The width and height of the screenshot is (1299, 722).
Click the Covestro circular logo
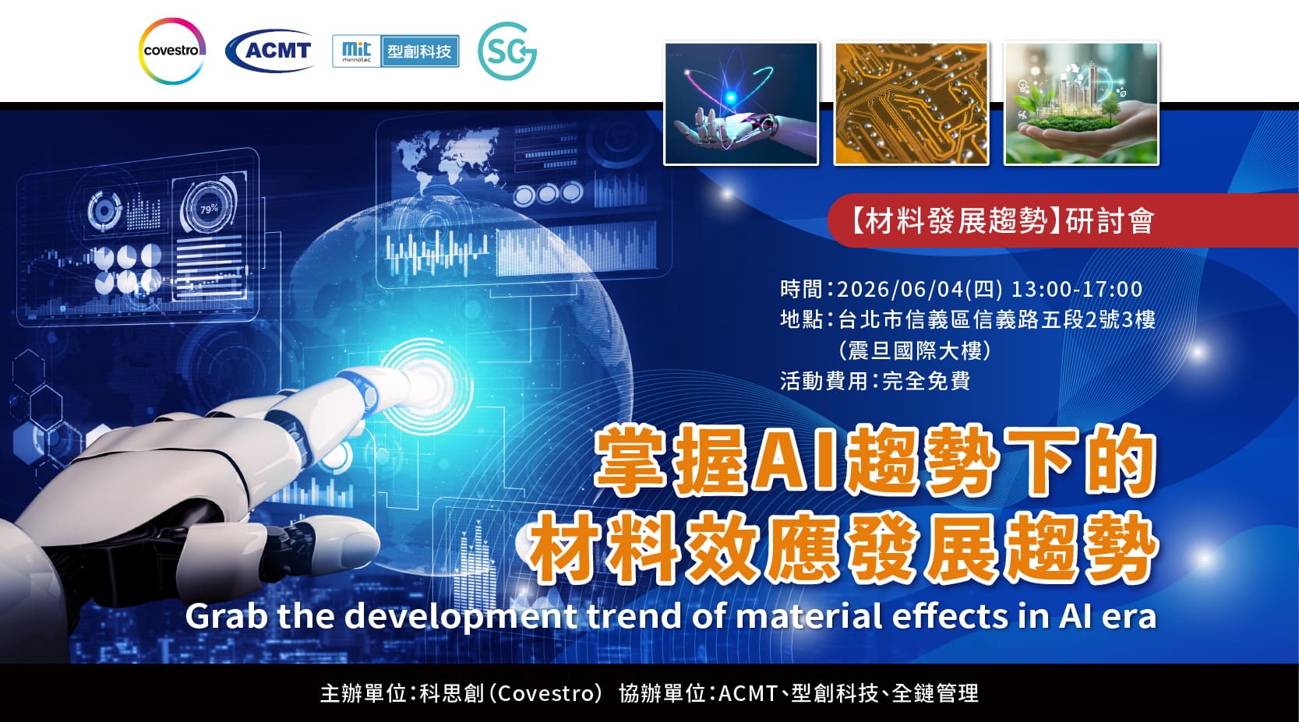coord(172,51)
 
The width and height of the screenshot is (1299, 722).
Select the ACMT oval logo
coord(270,51)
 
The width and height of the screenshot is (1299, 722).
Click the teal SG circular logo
coord(507,51)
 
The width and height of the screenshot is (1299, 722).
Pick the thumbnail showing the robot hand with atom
coord(741,103)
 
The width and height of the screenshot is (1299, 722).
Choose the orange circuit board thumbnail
coord(911,103)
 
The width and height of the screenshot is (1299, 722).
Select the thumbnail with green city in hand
coord(1081,103)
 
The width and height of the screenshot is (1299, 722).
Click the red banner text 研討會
coord(1110,220)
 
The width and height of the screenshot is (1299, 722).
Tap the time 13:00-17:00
coord(1077,289)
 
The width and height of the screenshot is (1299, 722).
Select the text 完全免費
coord(926,381)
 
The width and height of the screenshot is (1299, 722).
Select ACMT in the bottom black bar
coord(747,693)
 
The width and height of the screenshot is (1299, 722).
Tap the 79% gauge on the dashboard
coord(207,208)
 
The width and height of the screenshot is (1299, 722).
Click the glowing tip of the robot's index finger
coord(426,384)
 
